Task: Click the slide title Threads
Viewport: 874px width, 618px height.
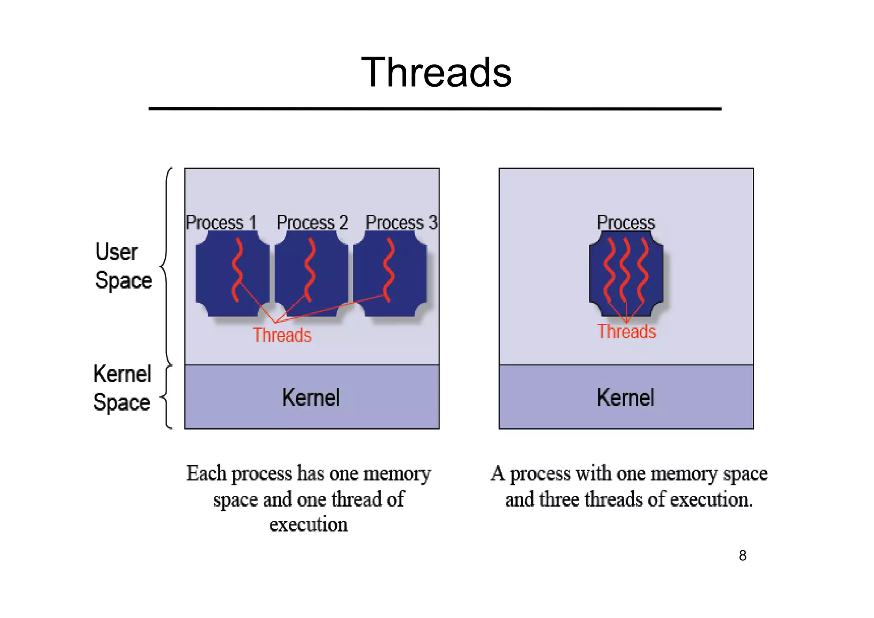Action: pos(436,73)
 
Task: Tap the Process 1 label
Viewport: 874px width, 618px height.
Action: pos(221,223)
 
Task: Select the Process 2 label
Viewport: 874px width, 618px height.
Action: pos(312,223)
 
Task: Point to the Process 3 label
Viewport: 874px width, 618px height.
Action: pos(401,223)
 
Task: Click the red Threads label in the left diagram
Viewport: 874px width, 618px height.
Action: pos(282,335)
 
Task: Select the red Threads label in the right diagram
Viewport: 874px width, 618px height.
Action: pos(626,332)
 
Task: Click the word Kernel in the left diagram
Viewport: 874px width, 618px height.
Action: pos(311,397)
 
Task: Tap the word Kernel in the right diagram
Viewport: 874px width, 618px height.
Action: pos(626,397)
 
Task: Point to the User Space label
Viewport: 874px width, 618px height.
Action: pos(123,266)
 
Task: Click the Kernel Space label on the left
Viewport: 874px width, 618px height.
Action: pos(122,388)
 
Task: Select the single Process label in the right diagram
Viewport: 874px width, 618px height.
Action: pos(626,222)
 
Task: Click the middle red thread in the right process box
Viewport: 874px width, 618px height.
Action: pos(625,270)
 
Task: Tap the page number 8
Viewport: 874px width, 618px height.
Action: pos(743,555)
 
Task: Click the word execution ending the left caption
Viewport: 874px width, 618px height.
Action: pos(309,524)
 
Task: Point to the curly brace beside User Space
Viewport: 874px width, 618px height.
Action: pos(166,266)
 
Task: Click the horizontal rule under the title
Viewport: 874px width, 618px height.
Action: pos(435,109)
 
